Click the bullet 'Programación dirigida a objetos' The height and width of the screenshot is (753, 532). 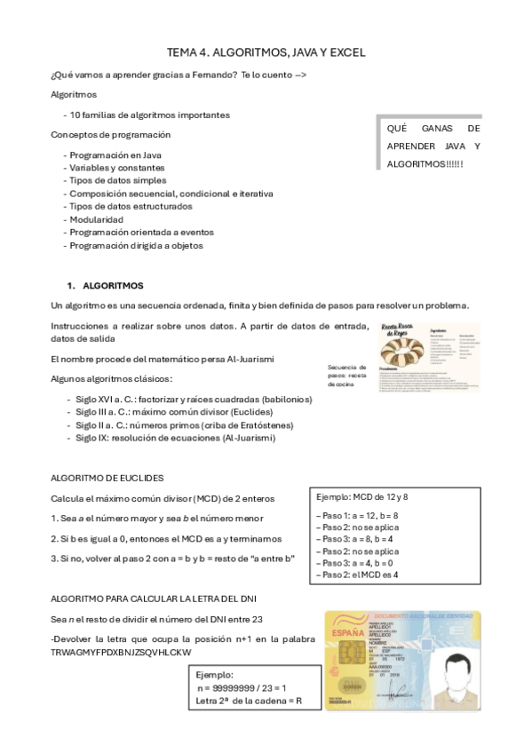click(136, 245)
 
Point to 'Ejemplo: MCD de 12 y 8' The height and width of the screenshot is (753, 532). click(362, 496)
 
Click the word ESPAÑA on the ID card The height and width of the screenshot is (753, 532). click(349, 632)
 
